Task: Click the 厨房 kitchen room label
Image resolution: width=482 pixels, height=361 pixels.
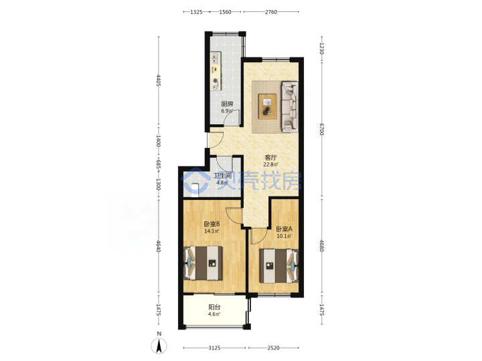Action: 227,104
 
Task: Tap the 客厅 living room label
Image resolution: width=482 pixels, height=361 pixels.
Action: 271,158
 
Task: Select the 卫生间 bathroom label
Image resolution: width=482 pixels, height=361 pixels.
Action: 222,176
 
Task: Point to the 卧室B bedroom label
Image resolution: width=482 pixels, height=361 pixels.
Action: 212,224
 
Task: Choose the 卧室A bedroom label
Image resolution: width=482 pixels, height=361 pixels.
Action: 284,229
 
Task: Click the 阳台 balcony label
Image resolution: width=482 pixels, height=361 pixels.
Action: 214,307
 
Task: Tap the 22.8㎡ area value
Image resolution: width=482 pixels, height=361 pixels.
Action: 271,164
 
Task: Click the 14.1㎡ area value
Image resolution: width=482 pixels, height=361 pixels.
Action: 212,231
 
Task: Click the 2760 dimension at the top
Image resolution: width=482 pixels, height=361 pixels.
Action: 271,12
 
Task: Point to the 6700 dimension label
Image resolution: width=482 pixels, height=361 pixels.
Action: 321,129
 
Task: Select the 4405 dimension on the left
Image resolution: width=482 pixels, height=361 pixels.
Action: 159,80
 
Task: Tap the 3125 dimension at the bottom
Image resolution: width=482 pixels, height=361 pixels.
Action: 214,348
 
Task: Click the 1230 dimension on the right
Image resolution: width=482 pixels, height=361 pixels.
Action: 321,49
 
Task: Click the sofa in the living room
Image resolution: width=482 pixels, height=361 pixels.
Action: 290,107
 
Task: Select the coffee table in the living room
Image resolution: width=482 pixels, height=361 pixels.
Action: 267,106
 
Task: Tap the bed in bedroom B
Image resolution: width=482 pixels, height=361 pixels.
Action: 204,263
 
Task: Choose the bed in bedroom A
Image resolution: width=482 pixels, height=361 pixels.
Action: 279,265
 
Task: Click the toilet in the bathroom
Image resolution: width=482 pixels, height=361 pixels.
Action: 195,187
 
